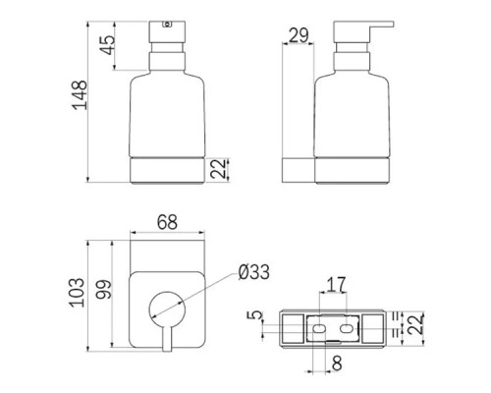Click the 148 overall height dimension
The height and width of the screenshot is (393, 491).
click(x=80, y=94)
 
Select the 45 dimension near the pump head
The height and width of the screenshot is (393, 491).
click(x=108, y=45)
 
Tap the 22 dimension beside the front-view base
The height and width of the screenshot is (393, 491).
click(x=219, y=169)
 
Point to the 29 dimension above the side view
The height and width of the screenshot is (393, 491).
click(x=299, y=35)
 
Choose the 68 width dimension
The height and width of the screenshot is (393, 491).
click(x=167, y=222)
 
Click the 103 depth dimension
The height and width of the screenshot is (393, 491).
click(x=77, y=293)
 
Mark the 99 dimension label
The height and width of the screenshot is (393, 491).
click(x=104, y=289)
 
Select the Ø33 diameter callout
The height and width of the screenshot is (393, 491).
click(x=254, y=272)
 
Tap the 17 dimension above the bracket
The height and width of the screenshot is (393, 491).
click(x=337, y=285)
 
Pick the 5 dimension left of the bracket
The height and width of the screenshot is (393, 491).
click(x=255, y=315)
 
